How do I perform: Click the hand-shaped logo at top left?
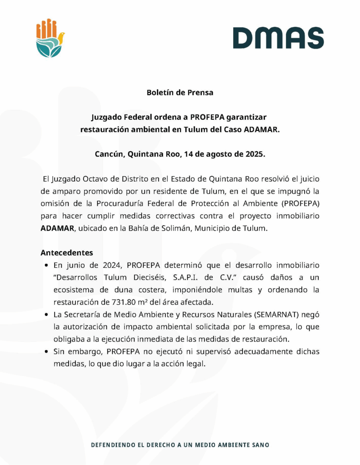click(50, 38)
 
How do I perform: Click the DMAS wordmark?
click(278, 38)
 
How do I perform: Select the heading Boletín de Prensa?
click(180, 93)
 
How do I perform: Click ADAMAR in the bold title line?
click(261, 129)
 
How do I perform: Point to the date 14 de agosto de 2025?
click(224, 154)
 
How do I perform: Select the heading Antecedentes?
click(67, 252)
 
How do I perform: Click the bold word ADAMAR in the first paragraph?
click(57, 228)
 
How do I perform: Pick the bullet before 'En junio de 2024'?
click(47, 265)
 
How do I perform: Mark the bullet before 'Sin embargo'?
click(47, 351)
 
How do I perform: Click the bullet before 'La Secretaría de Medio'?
click(47, 314)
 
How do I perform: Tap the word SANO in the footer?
click(260, 445)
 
